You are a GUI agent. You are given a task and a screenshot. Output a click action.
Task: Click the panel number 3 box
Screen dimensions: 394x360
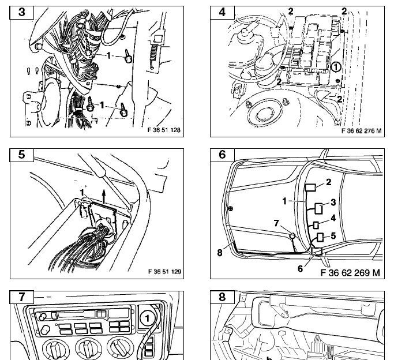[x=21, y=13]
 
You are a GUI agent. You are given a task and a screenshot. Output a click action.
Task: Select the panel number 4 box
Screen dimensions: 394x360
[x=222, y=13]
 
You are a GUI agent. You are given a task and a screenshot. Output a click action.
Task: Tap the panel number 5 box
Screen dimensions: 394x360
[x=21, y=155]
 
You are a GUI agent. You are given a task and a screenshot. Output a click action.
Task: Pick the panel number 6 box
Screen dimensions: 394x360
[x=222, y=155]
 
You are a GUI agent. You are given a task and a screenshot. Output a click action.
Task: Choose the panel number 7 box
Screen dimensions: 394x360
[x=21, y=297]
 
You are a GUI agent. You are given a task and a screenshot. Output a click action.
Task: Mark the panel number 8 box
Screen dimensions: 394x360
[x=222, y=297]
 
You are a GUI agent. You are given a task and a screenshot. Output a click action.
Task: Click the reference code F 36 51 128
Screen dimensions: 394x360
[x=164, y=130]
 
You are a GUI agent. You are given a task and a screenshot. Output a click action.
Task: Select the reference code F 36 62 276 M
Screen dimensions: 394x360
[x=361, y=130]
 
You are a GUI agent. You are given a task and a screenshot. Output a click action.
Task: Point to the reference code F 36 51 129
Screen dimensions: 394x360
[x=164, y=272]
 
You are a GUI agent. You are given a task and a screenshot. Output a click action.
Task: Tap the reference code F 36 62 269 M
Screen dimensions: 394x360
[x=350, y=272]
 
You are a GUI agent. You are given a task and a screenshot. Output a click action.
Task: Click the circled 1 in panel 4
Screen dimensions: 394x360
[x=336, y=67]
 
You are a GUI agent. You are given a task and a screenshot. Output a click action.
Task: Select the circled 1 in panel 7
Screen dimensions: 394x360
[x=147, y=318]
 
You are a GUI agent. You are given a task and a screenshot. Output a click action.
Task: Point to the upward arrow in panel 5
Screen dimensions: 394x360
[x=104, y=197]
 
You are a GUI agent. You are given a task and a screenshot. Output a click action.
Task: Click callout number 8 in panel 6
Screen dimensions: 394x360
[x=220, y=253]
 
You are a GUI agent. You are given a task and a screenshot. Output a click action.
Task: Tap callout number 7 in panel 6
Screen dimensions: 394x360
[x=276, y=223]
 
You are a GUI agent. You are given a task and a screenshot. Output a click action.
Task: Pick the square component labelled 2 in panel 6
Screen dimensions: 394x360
[x=310, y=187]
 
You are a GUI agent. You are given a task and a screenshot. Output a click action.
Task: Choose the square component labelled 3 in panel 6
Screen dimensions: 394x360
[x=318, y=208]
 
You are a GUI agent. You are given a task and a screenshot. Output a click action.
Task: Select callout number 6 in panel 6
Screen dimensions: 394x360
[x=301, y=268]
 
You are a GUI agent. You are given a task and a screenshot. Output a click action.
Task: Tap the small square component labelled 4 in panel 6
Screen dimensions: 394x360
[x=316, y=225]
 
